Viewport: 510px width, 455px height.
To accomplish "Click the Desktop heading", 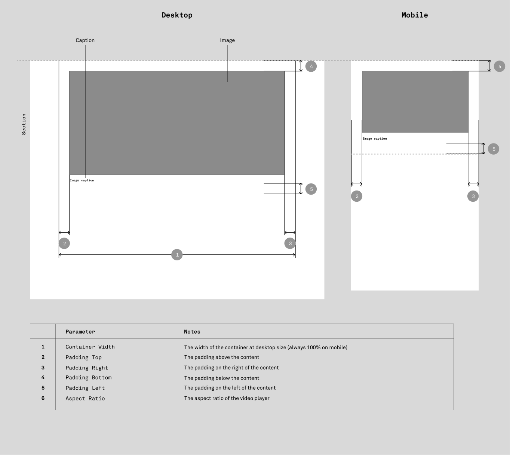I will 177,15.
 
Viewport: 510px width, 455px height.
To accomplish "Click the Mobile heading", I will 415,15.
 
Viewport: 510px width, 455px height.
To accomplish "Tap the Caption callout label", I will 85,40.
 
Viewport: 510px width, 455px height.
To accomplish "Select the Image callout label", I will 227,40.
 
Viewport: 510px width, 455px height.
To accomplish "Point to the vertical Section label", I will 24,124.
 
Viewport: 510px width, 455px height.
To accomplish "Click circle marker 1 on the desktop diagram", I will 177,255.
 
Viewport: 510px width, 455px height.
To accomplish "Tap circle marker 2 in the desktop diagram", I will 64,243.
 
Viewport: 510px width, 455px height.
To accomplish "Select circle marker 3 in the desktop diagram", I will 290,243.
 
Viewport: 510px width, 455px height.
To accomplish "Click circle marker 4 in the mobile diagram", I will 500,66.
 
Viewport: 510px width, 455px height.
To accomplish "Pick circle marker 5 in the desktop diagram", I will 311,189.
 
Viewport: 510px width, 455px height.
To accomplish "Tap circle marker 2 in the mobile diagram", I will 357,196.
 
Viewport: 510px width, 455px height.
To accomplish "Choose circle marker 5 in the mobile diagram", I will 494,149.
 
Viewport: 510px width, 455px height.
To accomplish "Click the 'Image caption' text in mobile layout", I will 375,139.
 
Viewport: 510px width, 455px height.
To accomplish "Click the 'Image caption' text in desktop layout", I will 82,180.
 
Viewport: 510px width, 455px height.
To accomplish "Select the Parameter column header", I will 80,332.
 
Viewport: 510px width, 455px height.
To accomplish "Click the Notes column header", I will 192,332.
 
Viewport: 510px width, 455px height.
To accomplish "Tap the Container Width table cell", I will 90,347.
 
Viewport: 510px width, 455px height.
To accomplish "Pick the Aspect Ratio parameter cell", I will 85,399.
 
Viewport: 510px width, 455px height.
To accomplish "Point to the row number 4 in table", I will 43,377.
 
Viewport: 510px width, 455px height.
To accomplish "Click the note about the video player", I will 227,398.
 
